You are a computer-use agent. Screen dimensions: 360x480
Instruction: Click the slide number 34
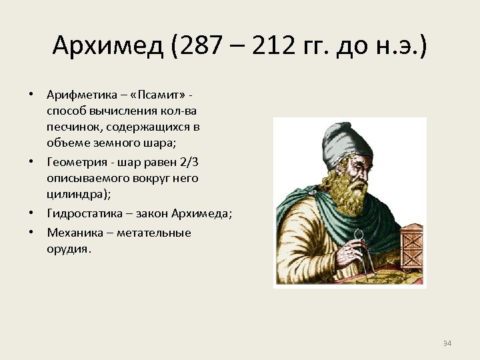447,343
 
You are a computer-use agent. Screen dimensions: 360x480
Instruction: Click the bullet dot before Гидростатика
32,213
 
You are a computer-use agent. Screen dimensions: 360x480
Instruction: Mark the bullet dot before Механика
32,233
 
